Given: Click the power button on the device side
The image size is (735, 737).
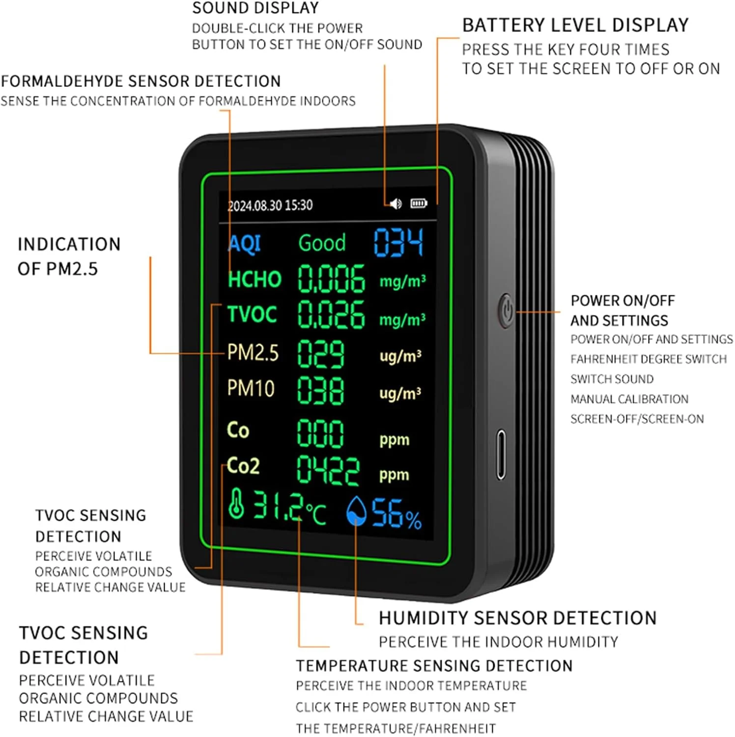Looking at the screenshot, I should pos(507,311).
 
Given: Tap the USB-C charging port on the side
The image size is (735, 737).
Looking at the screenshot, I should pos(501,454).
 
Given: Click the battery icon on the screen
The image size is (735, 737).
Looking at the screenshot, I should pos(419,203).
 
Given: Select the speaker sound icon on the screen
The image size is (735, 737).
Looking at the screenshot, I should pos(396,203).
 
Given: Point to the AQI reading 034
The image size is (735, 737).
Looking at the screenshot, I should pos(398,242).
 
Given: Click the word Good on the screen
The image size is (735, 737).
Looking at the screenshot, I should pos(322,243).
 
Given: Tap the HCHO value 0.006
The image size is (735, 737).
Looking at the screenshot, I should pos(331,279).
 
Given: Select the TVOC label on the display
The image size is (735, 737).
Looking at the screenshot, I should pos(252,314).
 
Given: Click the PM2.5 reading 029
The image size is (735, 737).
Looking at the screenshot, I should pos(320,354).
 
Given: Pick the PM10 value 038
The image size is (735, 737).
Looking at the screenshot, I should pos(320,391).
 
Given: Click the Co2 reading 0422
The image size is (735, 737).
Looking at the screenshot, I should pos(328,470).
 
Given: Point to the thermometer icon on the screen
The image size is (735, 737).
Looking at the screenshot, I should pos(236,504).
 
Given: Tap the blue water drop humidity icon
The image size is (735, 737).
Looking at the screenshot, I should pos(356,511).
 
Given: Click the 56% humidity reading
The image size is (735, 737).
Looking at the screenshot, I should pos(396,514).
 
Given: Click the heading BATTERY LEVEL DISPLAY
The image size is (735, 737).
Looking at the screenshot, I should pos(575,25).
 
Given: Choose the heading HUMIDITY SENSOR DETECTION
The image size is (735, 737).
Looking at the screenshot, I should pos(517,618).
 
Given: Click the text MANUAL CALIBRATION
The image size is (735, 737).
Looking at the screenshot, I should pos(629,399).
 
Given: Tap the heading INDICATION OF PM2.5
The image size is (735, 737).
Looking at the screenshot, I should pos(69,256).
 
